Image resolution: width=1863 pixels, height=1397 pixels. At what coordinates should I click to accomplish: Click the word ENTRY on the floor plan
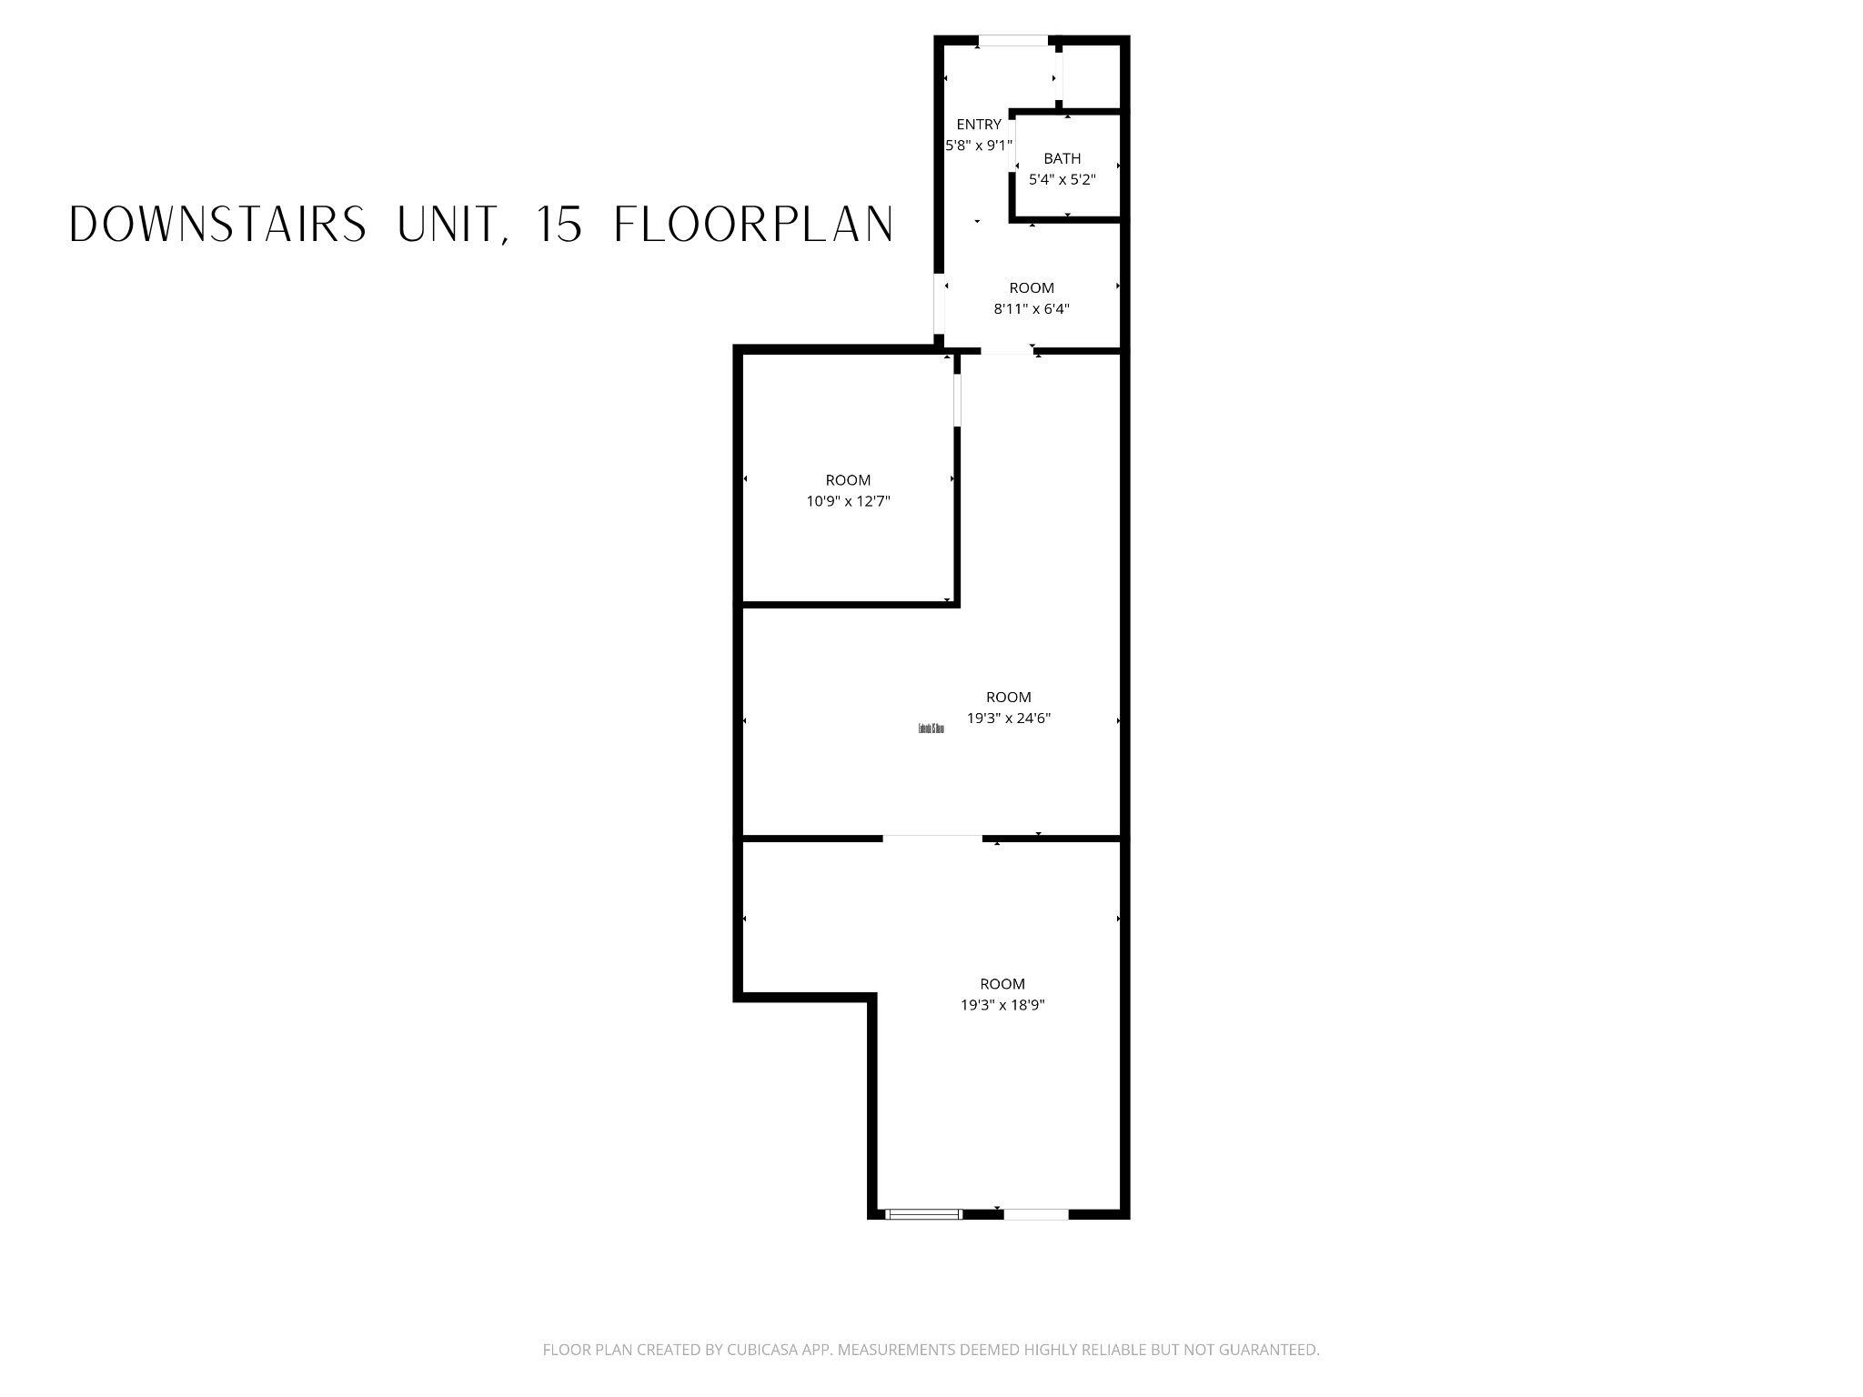(x=979, y=125)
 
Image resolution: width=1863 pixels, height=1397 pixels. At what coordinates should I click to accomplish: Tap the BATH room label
(x=1062, y=159)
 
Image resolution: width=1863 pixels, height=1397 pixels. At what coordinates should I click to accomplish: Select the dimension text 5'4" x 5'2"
(x=1062, y=180)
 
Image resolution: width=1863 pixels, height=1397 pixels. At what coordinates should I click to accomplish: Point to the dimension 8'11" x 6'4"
(x=1031, y=309)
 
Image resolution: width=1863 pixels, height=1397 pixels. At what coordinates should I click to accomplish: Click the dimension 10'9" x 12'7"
(x=848, y=501)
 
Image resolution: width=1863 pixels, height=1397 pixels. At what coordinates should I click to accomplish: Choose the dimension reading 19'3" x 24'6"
(x=1009, y=719)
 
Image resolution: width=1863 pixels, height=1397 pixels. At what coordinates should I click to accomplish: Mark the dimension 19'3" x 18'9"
(x=1002, y=1005)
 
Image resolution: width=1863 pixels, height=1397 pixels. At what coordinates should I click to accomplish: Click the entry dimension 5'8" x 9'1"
(x=979, y=146)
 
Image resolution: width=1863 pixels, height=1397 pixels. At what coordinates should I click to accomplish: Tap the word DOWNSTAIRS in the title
(x=217, y=225)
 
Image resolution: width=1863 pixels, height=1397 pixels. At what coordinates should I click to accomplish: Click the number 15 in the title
(x=559, y=225)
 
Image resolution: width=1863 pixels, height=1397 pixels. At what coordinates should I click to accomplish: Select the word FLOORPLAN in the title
(x=754, y=225)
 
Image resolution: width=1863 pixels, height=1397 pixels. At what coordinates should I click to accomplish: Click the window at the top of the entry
(x=1012, y=41)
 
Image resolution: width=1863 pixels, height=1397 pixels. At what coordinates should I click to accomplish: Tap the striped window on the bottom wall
(x=924, y=1213)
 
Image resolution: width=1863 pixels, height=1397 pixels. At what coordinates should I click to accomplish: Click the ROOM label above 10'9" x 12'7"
(x=848, y=480)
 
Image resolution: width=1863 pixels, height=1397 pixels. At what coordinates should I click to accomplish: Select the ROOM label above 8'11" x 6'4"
(x=1032, y=288)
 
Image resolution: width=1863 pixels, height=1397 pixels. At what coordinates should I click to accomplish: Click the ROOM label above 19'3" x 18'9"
(x=1002, y=984)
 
